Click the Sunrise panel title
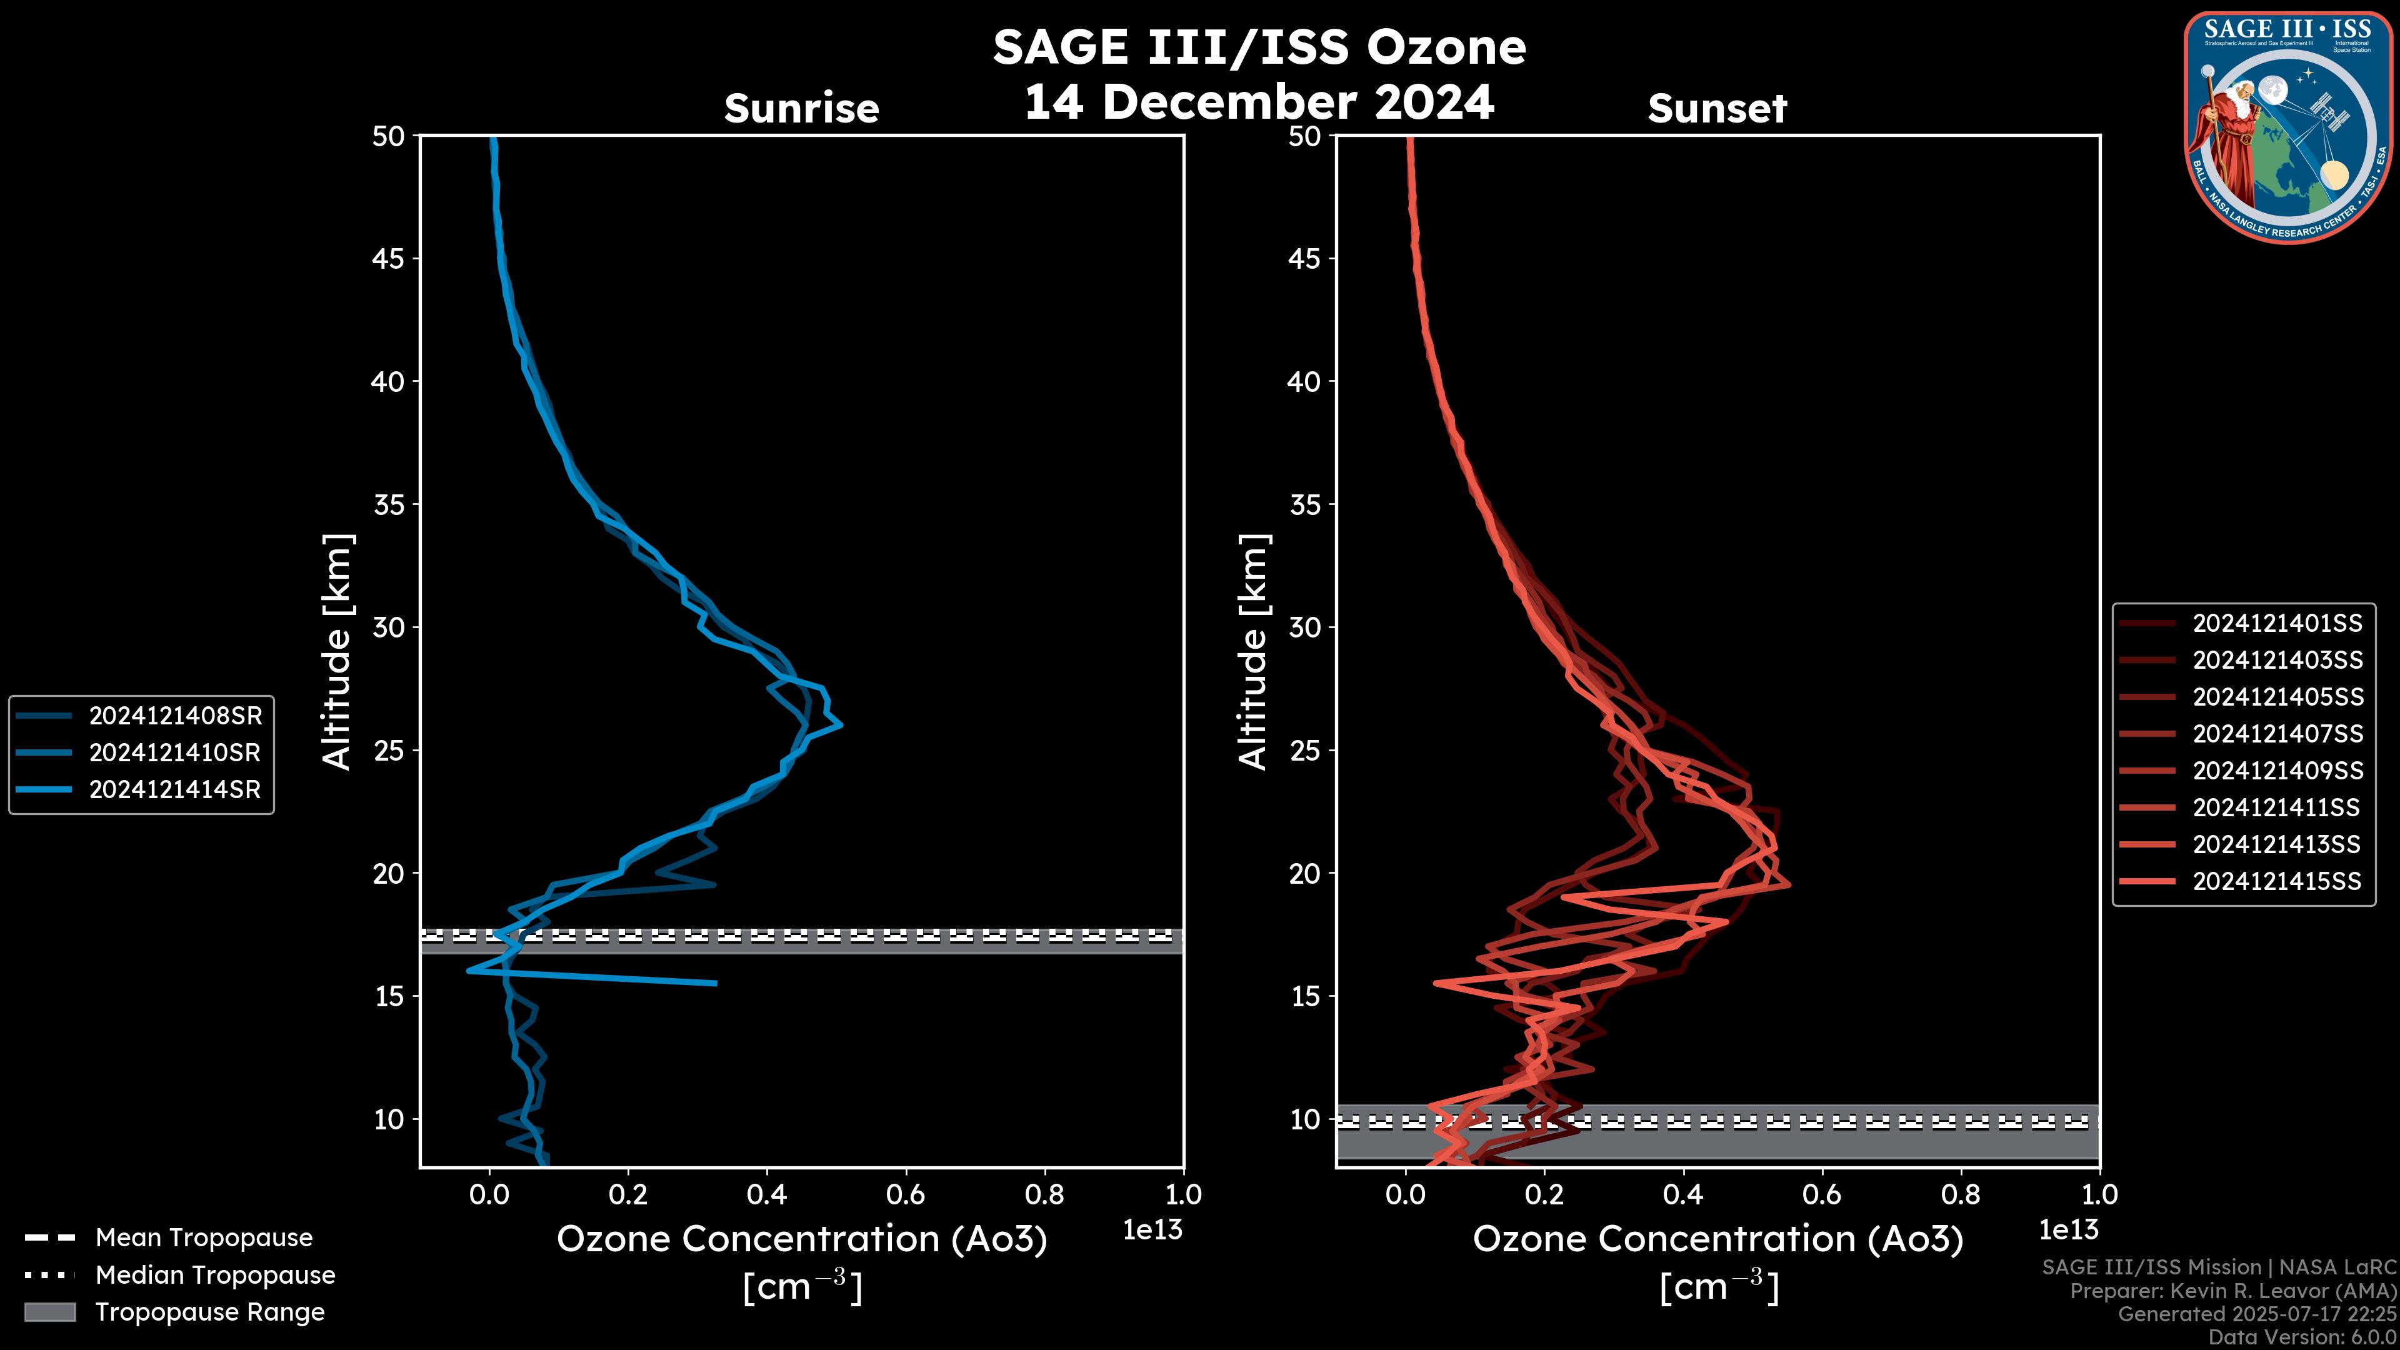tap(801, 108)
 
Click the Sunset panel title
tap(1717, 108)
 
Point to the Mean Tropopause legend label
tap(204, 1237)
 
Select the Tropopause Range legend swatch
tap(49, 1312)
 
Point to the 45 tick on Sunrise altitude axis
tap(389, 258)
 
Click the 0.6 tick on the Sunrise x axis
tap(906, 1194)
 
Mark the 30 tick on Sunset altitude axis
tap(1305, 627)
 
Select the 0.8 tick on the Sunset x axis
tap(1960, 1194)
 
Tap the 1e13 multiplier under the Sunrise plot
tap(1152, 1230)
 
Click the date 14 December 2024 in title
tap(1259, 101)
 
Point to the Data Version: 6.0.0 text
tap(2302, 1337)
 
